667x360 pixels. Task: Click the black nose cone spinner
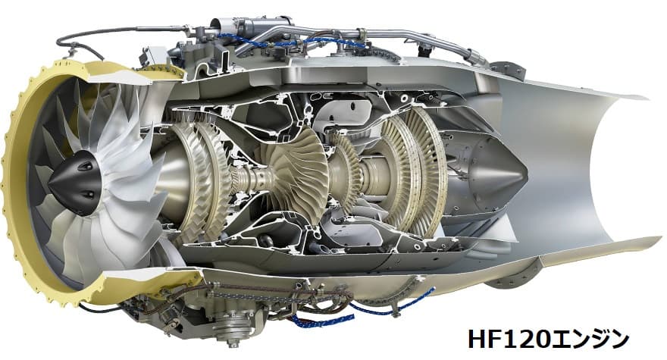click(77, 182)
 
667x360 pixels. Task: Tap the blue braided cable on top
click(293, 41)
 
